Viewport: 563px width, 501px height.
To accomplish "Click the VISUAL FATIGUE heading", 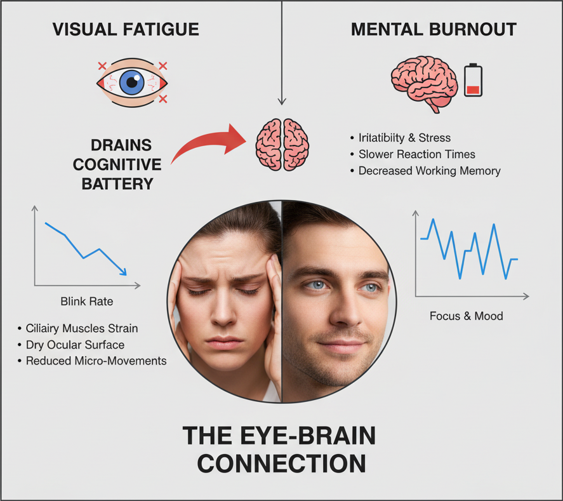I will pyautogui.click(x=125, y=29).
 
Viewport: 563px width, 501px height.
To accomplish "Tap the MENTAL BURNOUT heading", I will pyautogui.click(x=434, y=29).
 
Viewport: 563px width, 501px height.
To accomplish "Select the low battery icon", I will pyautogui.click(x=473, y=79).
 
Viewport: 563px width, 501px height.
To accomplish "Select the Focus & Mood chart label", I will pyautogui.click(x=466, y=316).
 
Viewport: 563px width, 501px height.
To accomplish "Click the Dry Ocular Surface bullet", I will pyautogui.click(x=75, y=345).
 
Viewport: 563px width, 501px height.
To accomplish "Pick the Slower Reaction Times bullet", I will pyautogui.click(x=416, y=154).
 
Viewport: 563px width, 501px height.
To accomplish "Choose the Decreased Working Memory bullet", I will pyautogui.click(x=429, y=171).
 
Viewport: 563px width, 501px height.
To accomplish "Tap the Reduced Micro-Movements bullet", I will pyautogui.click(x=96, y=361).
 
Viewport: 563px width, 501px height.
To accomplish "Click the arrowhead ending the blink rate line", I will pyautogui.click(x=123, y=272).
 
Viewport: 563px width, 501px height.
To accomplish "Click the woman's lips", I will pyautogui.click(x=224, y=343).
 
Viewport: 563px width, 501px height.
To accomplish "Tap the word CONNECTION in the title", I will pyautogui.click(x=281, y=463).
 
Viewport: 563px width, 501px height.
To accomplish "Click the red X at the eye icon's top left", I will pyautogui.click(x=102, y=66).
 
